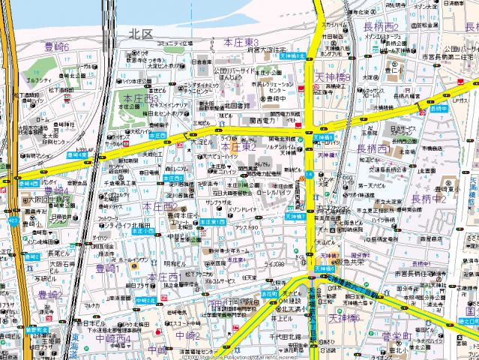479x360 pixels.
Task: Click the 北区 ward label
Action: (141, 34)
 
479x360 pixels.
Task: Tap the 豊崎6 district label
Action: (57, 46)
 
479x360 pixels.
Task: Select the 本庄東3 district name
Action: (241, 42)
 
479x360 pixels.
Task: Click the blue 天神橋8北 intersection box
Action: (292, 56)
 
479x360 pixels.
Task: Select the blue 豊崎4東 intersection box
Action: (76, 155)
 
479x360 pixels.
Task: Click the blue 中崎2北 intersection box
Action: (146, 301)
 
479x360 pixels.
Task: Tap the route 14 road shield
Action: (309, 175)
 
